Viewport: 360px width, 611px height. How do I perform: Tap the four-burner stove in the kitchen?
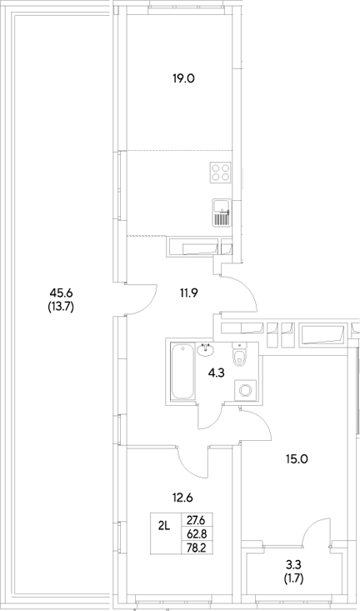(x=221, y=173)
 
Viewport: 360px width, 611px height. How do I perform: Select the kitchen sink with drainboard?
(x=221, y=213)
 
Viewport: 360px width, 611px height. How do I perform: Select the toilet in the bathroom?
(x=240, y=356)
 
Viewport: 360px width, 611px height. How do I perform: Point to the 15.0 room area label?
(x=295, y=458)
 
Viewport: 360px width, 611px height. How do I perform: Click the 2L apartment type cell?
(x=164, y=525)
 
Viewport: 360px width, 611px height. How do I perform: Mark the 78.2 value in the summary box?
(x=197, y=547)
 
